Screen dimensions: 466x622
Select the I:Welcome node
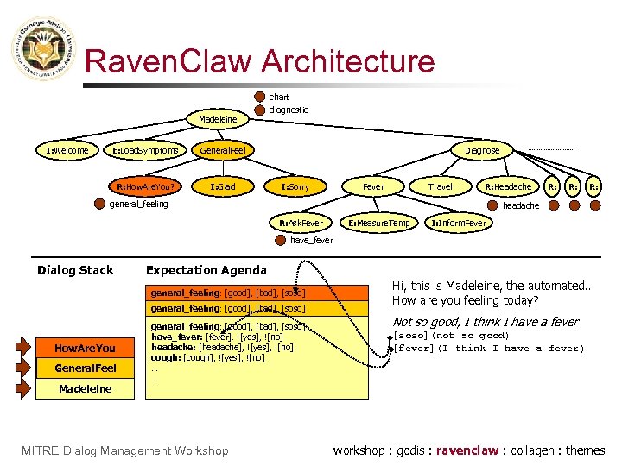tap(67, 151)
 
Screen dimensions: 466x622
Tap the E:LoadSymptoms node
tap(146, 151)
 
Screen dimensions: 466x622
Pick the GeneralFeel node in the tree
tap(223, 151)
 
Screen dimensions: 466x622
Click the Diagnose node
tap(482, 151)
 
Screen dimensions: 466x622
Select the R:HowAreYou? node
tap(148, 186)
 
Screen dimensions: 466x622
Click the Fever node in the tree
tap(374, 186)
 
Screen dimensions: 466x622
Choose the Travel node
tap(441, 186)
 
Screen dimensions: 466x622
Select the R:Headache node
tap(508, 186)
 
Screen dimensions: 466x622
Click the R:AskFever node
tap(301, 224)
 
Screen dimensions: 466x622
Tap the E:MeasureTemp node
tap(379, 224)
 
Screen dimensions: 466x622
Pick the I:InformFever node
tap(459, 224)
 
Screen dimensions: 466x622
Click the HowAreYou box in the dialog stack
tap(85, 349)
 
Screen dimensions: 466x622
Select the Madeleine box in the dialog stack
tap(85, 388)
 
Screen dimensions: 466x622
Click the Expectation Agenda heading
tap(206, 270)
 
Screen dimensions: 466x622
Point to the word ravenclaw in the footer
tap(466, 450)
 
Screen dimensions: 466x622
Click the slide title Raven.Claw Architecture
tap(260, 62)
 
